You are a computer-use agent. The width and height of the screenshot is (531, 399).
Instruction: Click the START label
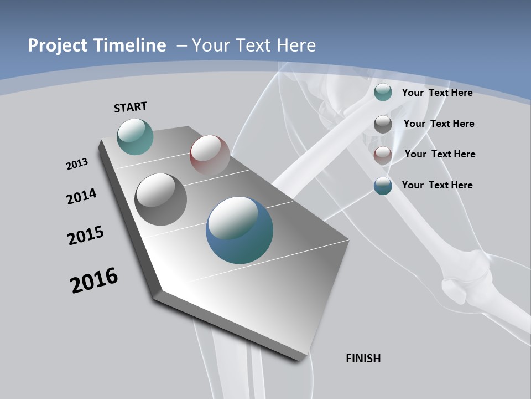click(x=131, y=106)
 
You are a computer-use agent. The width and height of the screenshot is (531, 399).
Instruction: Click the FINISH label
click(x=363, y=359)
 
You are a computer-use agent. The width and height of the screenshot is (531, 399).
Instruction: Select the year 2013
click(x=77, y=164)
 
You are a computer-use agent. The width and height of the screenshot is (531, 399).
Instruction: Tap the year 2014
click(x=81, y=196)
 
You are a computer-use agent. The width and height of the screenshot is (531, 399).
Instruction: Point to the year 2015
click(x=85, y=236)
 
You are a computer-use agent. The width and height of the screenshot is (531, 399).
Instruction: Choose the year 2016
click(x=94, y=280)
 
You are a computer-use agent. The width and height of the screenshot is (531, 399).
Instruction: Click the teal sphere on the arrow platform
click(x=135, y=136)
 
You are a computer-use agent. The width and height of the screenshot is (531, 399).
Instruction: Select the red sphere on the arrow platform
click(x=210, y=154)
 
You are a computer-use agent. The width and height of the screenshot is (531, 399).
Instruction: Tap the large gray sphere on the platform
click(x=160, y=199)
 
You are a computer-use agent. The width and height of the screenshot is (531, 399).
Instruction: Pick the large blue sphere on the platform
click(x=240, y=229)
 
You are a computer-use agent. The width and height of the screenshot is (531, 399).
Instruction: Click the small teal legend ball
click(x=383, y=92)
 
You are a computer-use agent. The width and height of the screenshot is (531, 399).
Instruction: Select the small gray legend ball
click(x=383, y=124)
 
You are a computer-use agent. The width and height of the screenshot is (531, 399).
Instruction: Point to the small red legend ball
click(x=383, y=155)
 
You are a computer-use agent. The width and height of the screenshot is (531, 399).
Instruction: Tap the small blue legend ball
click(x=383, y=186)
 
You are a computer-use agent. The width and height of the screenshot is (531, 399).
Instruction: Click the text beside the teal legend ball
click(x=437, y=93)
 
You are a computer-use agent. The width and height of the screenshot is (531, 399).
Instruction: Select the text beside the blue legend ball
click(x=437, y=185)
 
